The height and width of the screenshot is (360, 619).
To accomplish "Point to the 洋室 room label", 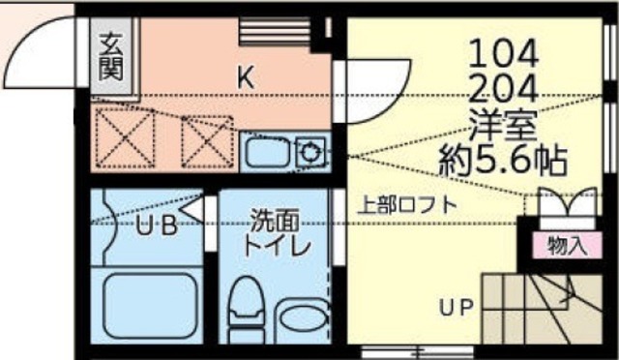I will tap(502, 126).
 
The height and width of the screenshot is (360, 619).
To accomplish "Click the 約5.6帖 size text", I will tap(502, 159).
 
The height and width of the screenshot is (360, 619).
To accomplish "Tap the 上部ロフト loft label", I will tap(407, 205).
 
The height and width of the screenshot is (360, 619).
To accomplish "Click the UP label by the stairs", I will tap(456, 310).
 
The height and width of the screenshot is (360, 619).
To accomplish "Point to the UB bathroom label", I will tap(155, 228).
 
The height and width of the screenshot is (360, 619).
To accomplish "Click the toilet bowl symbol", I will tap(247, 308).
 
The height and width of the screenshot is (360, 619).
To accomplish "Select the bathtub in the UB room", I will tap(146, 305).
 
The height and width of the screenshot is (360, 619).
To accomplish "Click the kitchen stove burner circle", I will tap(311, 151).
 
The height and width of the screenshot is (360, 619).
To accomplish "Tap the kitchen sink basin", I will tap(263, 153).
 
